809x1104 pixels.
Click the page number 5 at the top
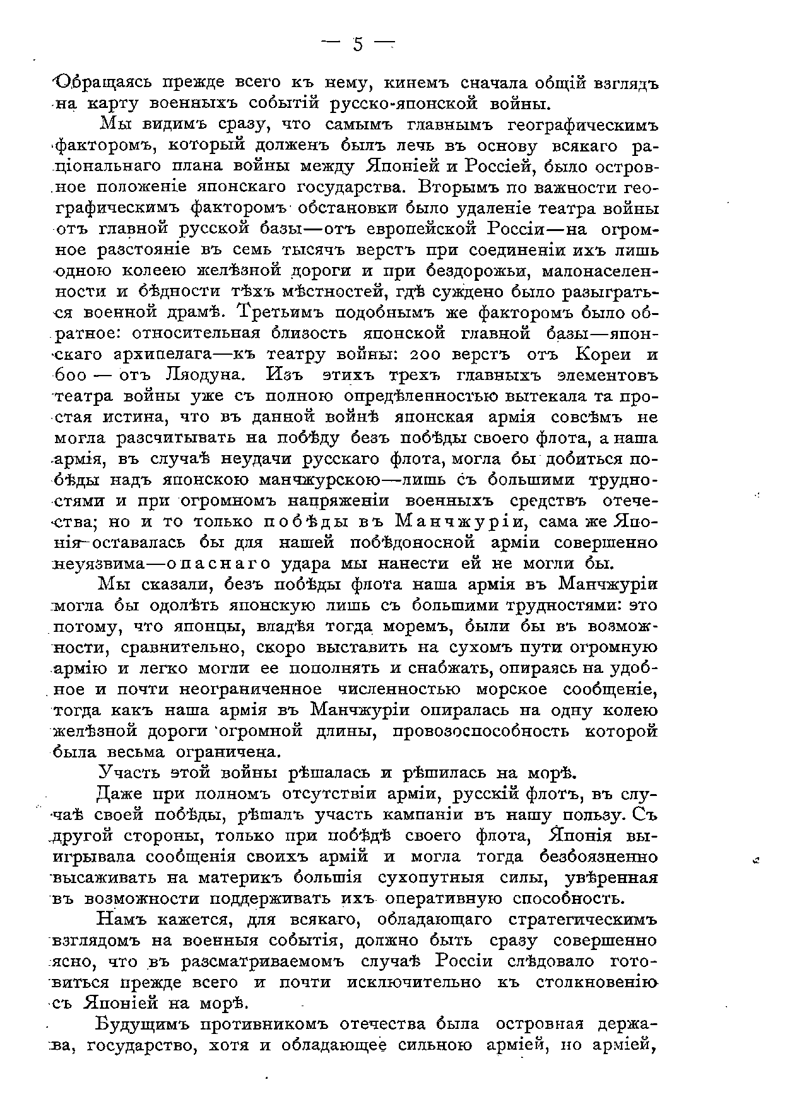(358, 44)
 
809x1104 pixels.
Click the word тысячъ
(318, 250)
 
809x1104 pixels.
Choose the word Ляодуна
(202, 375)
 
